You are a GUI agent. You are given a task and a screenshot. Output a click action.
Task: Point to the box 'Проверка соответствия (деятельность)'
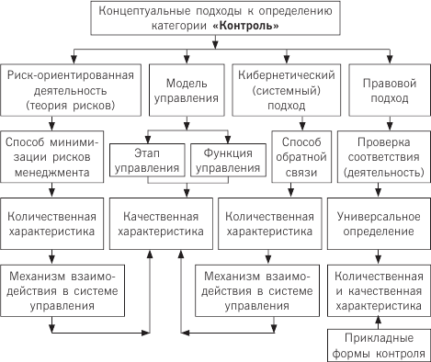coord(380,153)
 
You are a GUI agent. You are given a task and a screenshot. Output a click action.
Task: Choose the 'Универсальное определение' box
coord(380,222)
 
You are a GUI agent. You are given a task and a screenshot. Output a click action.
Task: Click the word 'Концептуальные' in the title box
coord(153,12)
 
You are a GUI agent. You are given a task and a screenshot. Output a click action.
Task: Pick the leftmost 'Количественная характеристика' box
coord(52,222)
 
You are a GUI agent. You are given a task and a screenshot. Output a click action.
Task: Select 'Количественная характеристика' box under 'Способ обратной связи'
coord(269,222)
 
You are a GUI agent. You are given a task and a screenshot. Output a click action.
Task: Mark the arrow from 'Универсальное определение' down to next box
coord(380,255)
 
